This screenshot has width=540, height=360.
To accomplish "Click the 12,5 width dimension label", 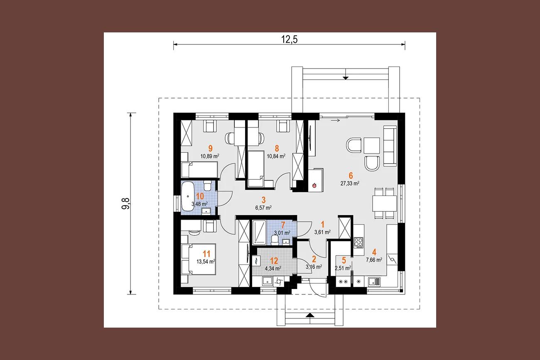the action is (289, 39).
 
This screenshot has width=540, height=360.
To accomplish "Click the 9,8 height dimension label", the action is (126, 203).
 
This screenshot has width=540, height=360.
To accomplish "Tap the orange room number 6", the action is (351, 176).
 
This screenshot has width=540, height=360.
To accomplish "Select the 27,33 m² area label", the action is (350, 184).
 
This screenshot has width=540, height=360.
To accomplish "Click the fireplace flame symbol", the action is (314, 185).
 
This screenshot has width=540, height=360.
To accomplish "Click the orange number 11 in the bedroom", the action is (206, 254).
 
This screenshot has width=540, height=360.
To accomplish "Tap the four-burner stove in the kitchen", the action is (358, 242).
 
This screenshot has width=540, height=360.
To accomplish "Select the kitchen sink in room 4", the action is (374, 282).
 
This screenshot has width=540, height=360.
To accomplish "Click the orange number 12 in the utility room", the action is (274, 261).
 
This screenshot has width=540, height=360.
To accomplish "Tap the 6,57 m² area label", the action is (263, 208).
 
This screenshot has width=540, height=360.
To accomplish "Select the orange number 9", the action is (211, 148).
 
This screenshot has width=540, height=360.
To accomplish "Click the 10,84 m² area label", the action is (276, 156).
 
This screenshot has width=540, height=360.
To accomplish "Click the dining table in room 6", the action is (385, 203).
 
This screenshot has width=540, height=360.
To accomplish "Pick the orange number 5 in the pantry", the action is (344, 260).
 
